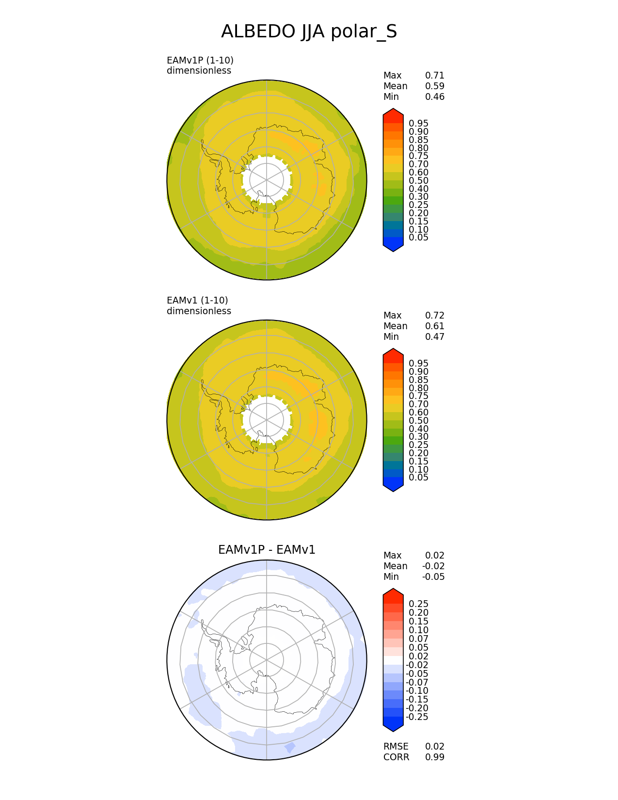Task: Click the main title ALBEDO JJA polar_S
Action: [x=309, y=32]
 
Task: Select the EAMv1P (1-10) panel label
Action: [x=200, y=61]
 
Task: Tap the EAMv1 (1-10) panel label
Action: [x=197, y=301]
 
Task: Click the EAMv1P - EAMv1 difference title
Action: [x=267, y=550]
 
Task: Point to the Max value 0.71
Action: [x=435, y=76]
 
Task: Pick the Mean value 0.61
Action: [x=435, y=326]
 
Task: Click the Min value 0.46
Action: [x=435, y=97]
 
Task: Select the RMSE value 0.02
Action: [x=435, y=746]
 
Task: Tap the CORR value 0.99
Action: [x=435, y=757]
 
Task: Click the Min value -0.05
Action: [x=433, y=577]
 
